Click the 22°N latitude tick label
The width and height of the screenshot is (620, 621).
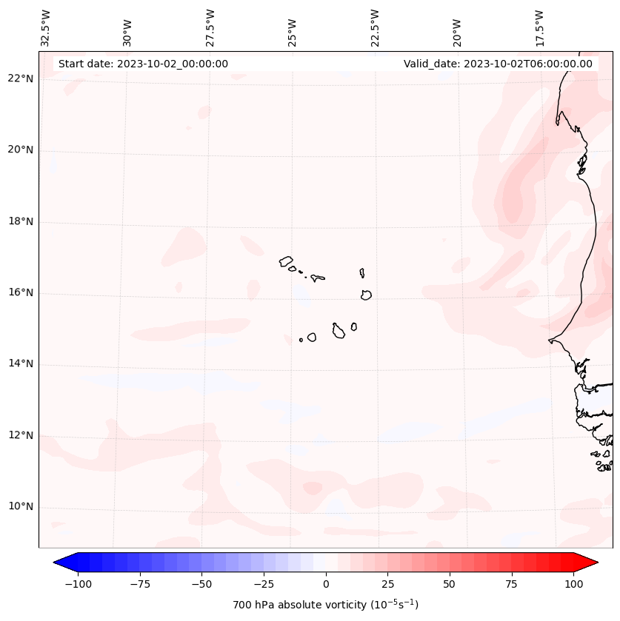pyautogui.click(x=21, y=78)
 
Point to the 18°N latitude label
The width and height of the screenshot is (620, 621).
pyautogui.click(x=21, y=221)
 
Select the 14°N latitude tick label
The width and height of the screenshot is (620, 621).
pyautogui.click(x=21, y=363)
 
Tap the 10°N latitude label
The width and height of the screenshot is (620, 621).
pyautogui.click(x=21, y=506)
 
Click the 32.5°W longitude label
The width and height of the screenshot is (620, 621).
pyautogui.click(x=46, y=27)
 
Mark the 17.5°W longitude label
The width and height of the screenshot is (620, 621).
pyautogui.click(x=539, y=27)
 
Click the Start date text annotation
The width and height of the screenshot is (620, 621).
pyautogui.click(x=143, y=64)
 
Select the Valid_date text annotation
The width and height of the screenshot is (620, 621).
pyautogui.click(x=498, y=64)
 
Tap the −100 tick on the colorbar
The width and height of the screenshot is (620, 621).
pyautogui.click(x=78, y=584)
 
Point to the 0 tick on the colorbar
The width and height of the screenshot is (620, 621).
pyautogui.click(x=326, y=584)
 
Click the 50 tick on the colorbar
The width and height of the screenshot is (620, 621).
pyautogui.click(x=450, y=584)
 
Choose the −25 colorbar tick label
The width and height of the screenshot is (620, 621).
pyautogui.click(x=264, y=584)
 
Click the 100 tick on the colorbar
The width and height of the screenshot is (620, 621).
pyautogui.click(x=573, y=584)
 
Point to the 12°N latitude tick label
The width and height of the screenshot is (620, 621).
pyautogui.click(x=21, y=435)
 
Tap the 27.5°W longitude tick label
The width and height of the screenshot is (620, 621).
pyautogui.click(x=210, y=27)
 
